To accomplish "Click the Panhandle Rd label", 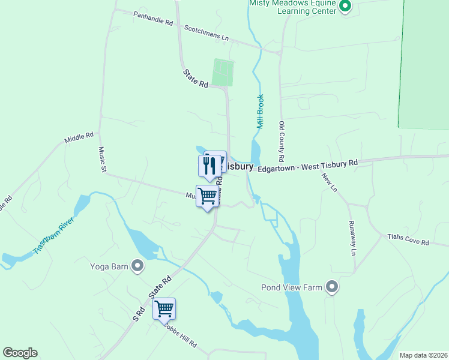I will [x=153, y=19].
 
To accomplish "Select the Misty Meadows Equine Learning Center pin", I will [x=345, y=7].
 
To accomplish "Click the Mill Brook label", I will [x=261, y=112].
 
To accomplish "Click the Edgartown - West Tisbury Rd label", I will [x=307, y=166].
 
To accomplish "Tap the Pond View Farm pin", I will [x=332, y=287].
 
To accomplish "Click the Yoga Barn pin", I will [x=138, y=266].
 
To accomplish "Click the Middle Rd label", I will [x=79, y=139].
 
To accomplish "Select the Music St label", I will [x=103, y=160].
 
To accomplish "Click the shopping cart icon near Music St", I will [x=207, y=196].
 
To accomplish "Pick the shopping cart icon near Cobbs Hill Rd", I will [x=164, y=308].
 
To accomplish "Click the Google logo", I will [x=20, y=353].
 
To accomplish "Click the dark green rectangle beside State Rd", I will [x=223, y=73].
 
